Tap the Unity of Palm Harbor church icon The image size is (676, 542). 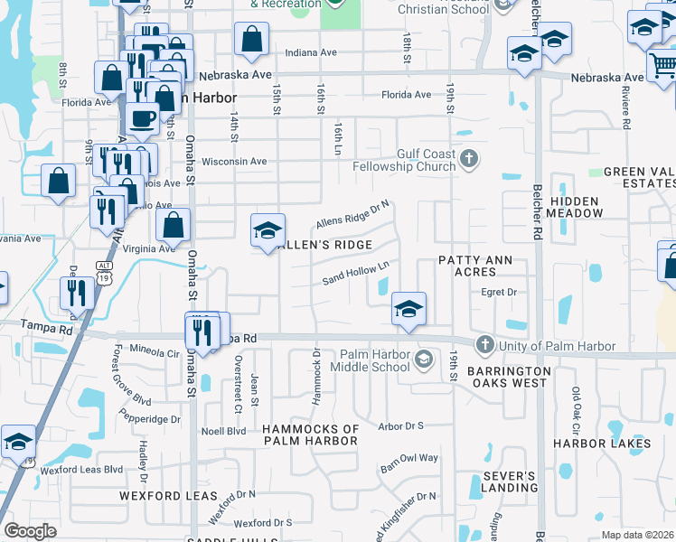coord(485,344)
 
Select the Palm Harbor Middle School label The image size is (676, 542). coord(375,360)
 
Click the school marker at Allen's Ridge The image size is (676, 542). coord(268,231)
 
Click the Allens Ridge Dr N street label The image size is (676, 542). coord(352,213)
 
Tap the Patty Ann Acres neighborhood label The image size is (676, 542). coord(474,266)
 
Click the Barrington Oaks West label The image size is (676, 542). coord(508,377)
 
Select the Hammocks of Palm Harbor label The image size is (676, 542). coord(311,435)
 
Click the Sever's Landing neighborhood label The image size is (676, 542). coord(510,481)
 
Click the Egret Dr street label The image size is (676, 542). coord(499,292)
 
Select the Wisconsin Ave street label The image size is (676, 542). coord(234,162)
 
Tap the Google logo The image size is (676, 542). coord(30,531)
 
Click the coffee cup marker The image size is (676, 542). coord(143,117)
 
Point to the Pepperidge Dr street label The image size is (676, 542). coord(152,419)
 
